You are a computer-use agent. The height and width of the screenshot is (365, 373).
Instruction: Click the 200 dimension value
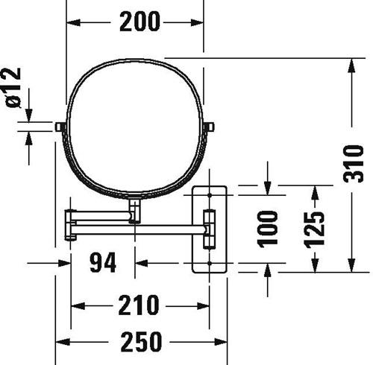coord(140,22)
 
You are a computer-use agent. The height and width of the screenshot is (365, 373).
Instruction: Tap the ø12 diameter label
coord(13,87)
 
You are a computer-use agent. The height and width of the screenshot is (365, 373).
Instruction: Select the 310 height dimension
coord(353,164)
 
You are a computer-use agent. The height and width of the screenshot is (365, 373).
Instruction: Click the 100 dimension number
coord(267,229)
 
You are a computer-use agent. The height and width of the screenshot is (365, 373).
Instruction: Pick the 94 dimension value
coord(103,262)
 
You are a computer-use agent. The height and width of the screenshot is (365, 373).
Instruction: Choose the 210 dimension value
coord(138,305)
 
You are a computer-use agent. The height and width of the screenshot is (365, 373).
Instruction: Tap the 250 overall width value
coord(141,342)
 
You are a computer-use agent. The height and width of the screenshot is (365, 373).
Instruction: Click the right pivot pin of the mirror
coord(209,127)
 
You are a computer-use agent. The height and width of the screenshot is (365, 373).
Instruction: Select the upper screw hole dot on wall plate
coord(210,195)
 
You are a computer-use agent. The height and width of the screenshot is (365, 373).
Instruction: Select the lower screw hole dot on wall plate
coord(210,263)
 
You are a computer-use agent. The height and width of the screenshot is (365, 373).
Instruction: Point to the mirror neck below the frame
coord(134,211)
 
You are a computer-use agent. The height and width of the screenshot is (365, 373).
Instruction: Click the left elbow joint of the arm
coord(70,225)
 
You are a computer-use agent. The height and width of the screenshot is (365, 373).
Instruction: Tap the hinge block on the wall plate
coord(210,229)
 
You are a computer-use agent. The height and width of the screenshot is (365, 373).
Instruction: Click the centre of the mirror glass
coord(135,127)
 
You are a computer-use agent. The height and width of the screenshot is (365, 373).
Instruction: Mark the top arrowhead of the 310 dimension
coord(351,66)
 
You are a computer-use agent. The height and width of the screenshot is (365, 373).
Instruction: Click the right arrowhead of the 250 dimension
coord(220,343)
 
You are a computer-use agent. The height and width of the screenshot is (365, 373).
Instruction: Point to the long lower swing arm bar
coord(140,229)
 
